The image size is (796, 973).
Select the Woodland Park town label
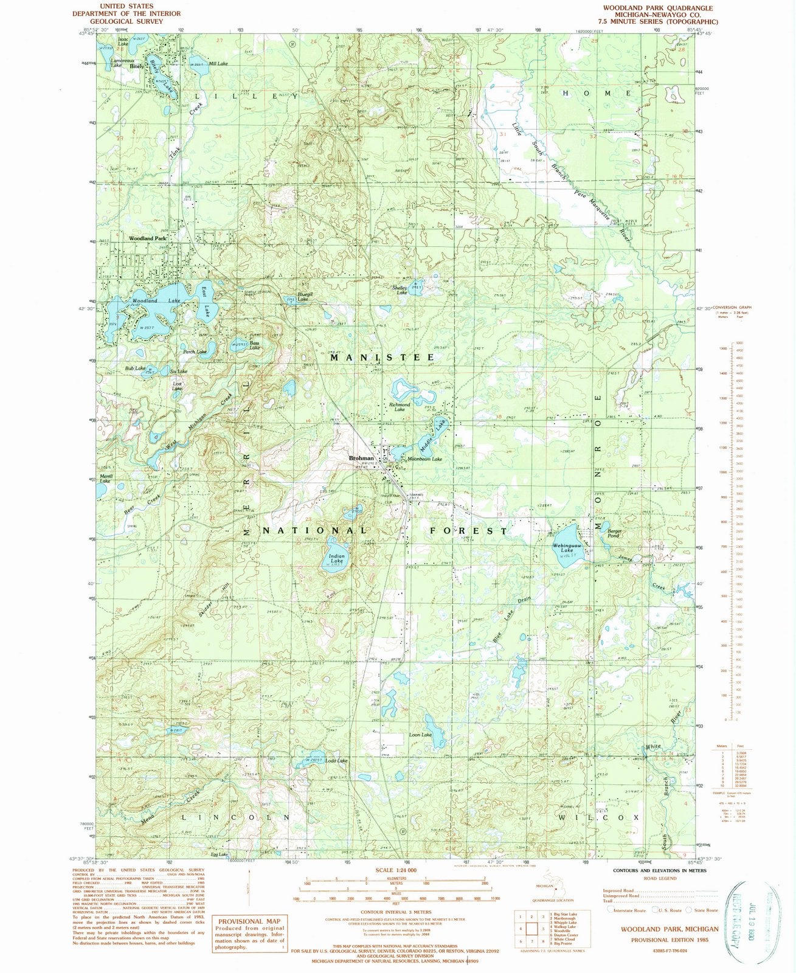[148, 239]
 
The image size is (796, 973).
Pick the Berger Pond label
[614, 533]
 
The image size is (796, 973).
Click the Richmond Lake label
[400, 407]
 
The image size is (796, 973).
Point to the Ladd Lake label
[336, 761]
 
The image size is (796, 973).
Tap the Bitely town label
[137, 67]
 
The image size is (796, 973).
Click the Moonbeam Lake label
[425, 459]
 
